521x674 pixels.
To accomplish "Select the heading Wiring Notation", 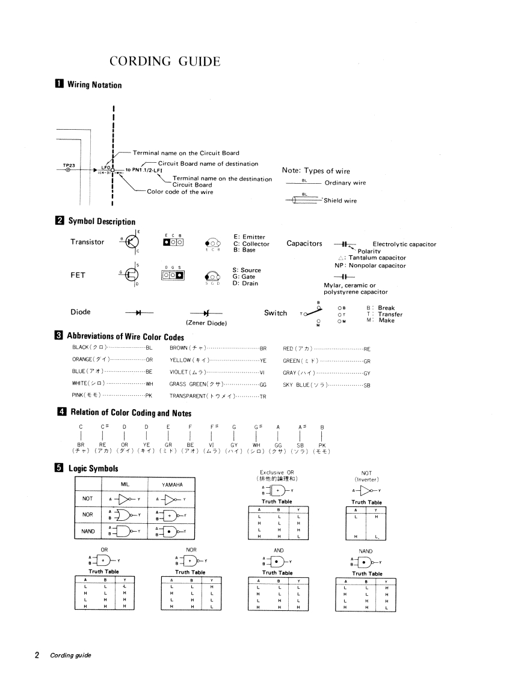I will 94,85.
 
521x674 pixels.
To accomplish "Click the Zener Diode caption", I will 206,323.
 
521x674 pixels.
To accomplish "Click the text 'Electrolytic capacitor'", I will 404,244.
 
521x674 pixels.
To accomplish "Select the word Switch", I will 276,313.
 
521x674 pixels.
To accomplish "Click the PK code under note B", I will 322,445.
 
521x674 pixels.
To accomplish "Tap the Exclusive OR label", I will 277,472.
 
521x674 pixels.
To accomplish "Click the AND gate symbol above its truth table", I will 276,562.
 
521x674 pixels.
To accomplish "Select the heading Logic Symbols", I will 93,469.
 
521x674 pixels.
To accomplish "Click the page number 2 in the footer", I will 37,655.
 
